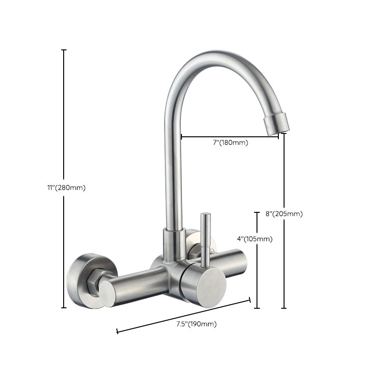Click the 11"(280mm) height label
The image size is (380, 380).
[70, 188]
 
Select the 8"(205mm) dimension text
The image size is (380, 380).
[284, 214]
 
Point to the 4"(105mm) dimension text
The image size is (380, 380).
[256, 239]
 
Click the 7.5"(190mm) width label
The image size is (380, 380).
[196, 324]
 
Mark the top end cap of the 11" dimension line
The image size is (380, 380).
[64, 50]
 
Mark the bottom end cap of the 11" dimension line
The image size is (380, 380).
[64, 308]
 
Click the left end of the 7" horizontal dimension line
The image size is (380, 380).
[181, 137]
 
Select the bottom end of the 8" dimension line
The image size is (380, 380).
[284, 308]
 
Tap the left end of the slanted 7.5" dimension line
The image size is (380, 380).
[117, 331]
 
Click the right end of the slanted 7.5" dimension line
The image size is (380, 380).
[250, 300]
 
